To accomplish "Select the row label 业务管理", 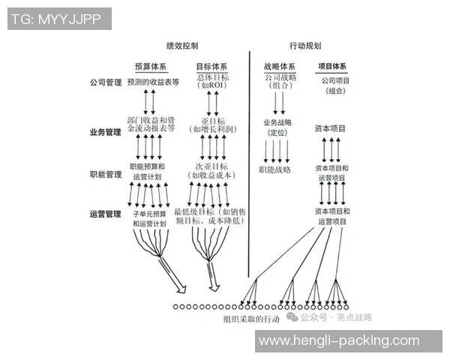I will (104, 133).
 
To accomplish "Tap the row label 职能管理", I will (104, 175).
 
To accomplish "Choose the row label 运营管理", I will (104, 214).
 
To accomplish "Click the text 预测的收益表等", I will (153, 82).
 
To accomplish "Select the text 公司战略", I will (280, 76).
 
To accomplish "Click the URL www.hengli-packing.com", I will (338, 341).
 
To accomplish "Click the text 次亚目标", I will (211, 166).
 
